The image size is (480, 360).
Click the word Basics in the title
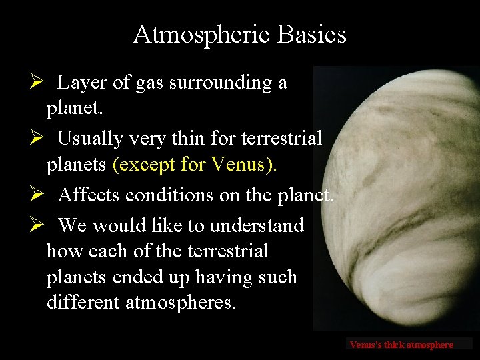pyautogui.click(x=313, y=34)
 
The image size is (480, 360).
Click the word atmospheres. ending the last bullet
pyautogui.click(x=180, y=302)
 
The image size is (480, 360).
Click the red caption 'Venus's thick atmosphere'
pyautogui.click(x=401, y=345)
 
